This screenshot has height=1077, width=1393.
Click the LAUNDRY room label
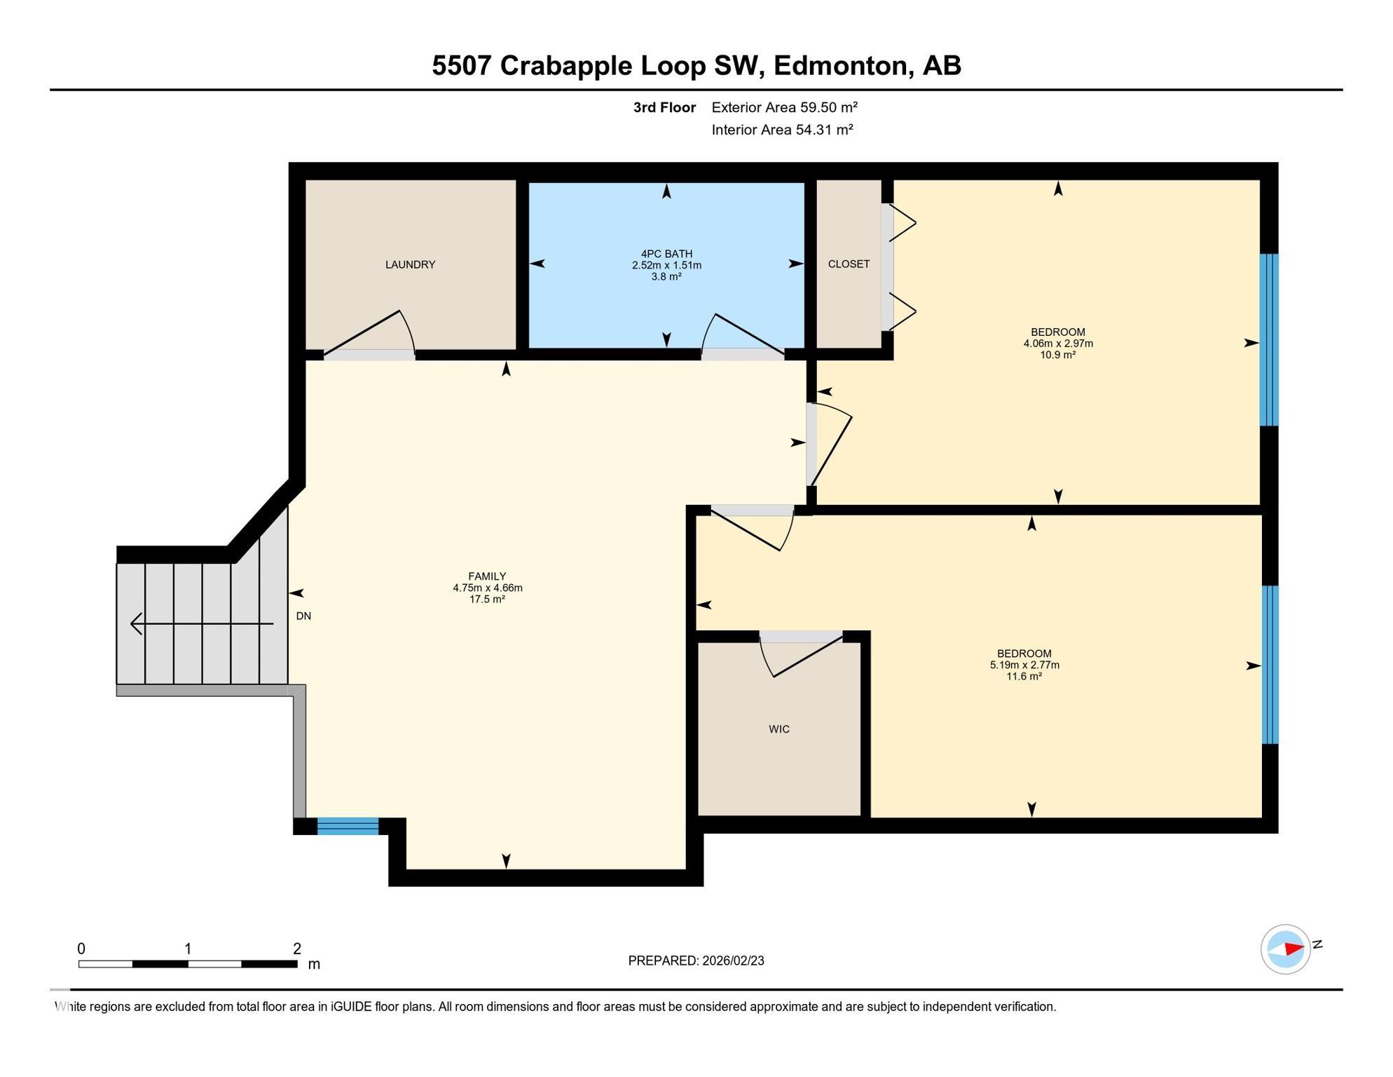[410, 264]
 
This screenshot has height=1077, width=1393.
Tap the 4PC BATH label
[666, 254]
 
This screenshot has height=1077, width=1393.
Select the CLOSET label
[849, 264]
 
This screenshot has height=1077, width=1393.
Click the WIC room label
[778, 729]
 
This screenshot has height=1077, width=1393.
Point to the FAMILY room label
[487, 576]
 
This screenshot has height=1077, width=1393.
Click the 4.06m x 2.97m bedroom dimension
[1057, 344]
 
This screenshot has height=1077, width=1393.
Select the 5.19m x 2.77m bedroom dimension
[1024, 665]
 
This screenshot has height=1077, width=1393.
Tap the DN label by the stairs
[303, 616]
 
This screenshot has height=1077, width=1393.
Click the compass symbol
[1285, 949]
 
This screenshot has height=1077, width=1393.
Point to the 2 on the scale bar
[297, 949]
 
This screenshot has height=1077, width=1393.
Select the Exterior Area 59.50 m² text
[784, 107]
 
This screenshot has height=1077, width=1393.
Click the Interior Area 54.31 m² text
[782, 130]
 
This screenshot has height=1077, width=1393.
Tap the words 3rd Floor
[664, 107]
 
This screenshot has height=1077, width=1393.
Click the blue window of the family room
[348, 826]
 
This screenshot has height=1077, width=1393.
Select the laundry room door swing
[371, 334]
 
